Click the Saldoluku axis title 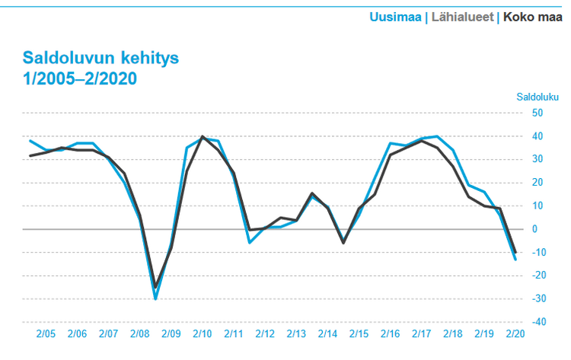click(x=538, y=97)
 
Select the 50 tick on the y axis click(x=537, y=113)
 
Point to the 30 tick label click(x=537, y=159)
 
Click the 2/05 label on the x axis click(x=46, y=334)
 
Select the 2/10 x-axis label click(x=202, y=334)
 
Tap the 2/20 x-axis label click(x=515, y=334)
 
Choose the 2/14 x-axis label click(x=327, y=334)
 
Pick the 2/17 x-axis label click(x=421, y=334)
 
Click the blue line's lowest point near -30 click(x=155, y=298)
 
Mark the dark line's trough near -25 click(x=155, y=287)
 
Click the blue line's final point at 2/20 click(x=515, y=260)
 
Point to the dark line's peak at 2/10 click(x=203, y=136)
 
